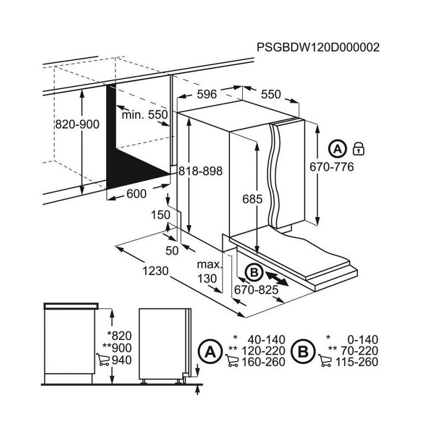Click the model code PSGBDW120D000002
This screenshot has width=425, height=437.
[x=318, y=47]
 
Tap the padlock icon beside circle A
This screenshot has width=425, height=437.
[x=359, y=149]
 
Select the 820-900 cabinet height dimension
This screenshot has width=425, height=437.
[x=77, y=124]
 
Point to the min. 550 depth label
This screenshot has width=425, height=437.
[x=144, y=115]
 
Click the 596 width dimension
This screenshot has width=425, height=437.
[x=207, y=94]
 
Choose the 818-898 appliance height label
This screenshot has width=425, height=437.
[x=200, y=171]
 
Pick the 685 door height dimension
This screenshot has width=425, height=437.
[x=252, y=199]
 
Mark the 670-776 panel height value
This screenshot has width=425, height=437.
[x=331, y=167]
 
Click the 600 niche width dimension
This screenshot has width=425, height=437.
[x=137, y=194]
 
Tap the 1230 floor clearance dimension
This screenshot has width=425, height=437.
[x=156, y=271]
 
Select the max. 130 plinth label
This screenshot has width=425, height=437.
[x=209, y=271]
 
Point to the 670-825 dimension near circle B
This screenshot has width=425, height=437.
[x=256, y=290]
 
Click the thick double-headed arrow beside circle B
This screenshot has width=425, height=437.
[x=277, y=279]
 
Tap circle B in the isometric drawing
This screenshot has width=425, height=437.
[x=254, y=272]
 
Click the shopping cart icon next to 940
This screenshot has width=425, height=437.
[x=103, y=360]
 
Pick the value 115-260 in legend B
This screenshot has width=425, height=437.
[x=356, y=362]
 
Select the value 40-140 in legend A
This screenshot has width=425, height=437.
[x=266, y=340]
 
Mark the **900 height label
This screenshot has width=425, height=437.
[x=117, y=348]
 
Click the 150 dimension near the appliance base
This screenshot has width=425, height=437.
[x=160, y=215]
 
